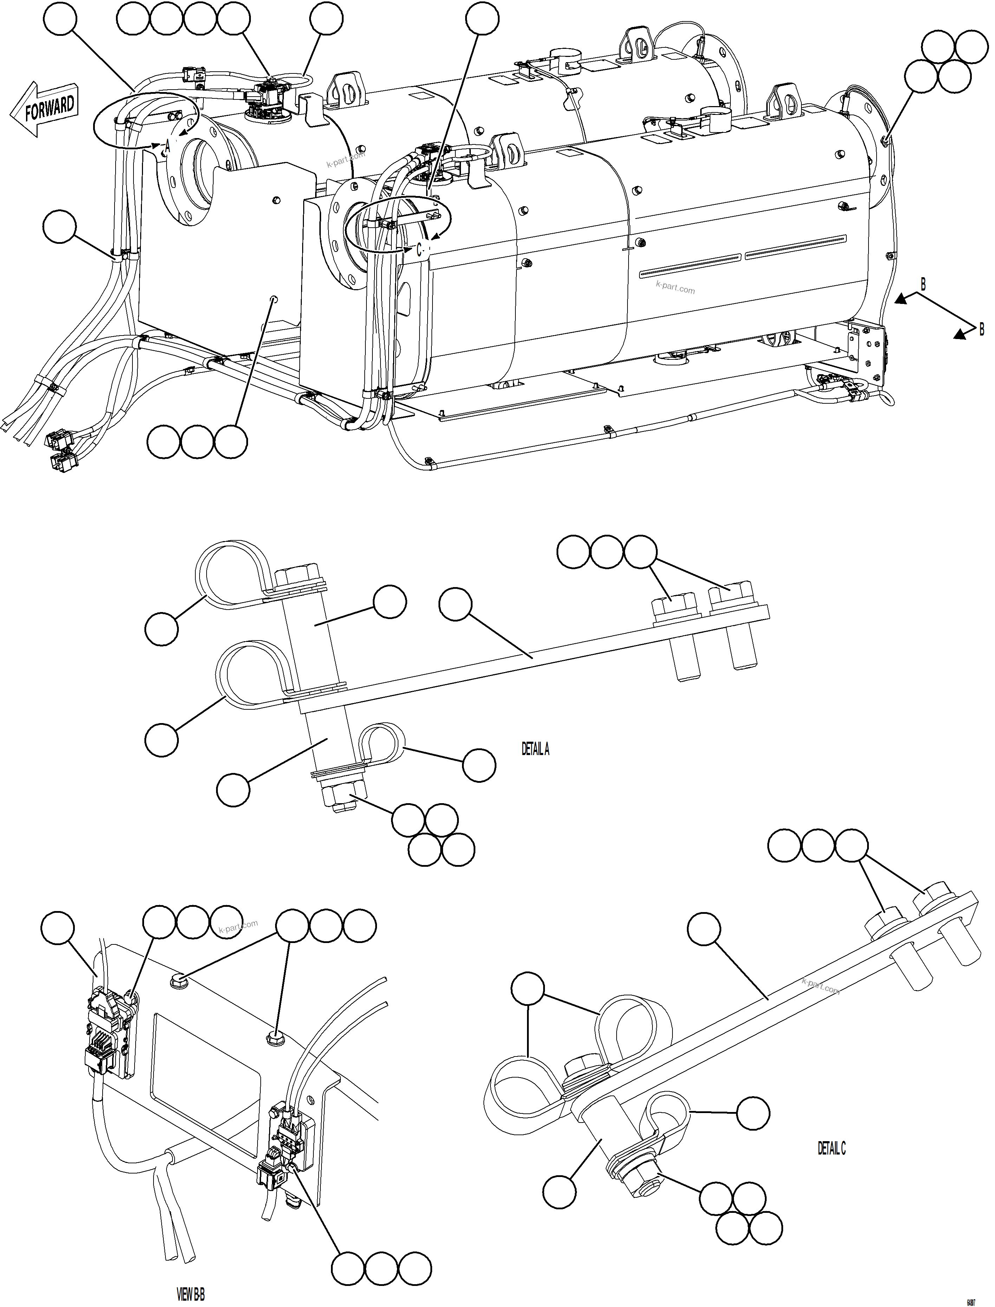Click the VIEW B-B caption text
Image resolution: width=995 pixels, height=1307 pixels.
191,1290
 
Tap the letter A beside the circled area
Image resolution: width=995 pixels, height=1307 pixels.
168,146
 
